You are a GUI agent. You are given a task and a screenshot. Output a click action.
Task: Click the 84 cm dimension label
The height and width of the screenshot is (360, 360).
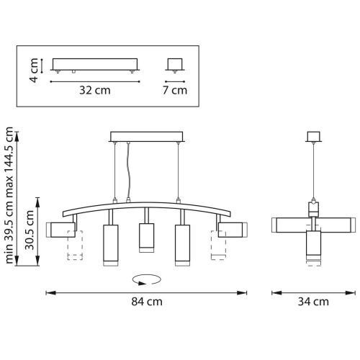tap(147, 302)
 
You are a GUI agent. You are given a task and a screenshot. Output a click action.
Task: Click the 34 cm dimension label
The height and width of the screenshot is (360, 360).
tap(313, 302)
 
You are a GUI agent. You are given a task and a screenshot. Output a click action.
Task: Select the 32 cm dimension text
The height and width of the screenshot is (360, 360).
tap(95, 91)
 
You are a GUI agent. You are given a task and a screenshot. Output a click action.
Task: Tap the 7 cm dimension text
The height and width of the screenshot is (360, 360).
tap(175, 90)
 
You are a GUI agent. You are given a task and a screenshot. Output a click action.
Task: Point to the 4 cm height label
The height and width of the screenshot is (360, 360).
tap(34, 71)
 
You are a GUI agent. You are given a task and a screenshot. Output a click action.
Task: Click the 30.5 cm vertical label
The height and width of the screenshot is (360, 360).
tap(30, 230)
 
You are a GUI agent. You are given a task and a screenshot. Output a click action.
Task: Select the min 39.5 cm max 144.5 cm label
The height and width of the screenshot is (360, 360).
tap(9, 195)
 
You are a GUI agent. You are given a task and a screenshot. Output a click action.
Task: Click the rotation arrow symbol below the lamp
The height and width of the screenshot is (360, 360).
tap(147, 279)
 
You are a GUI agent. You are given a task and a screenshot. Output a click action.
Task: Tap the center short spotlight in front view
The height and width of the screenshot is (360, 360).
tap(147, 238)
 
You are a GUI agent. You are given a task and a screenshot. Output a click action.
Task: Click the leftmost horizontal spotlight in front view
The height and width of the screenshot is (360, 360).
tap(60, 230)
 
